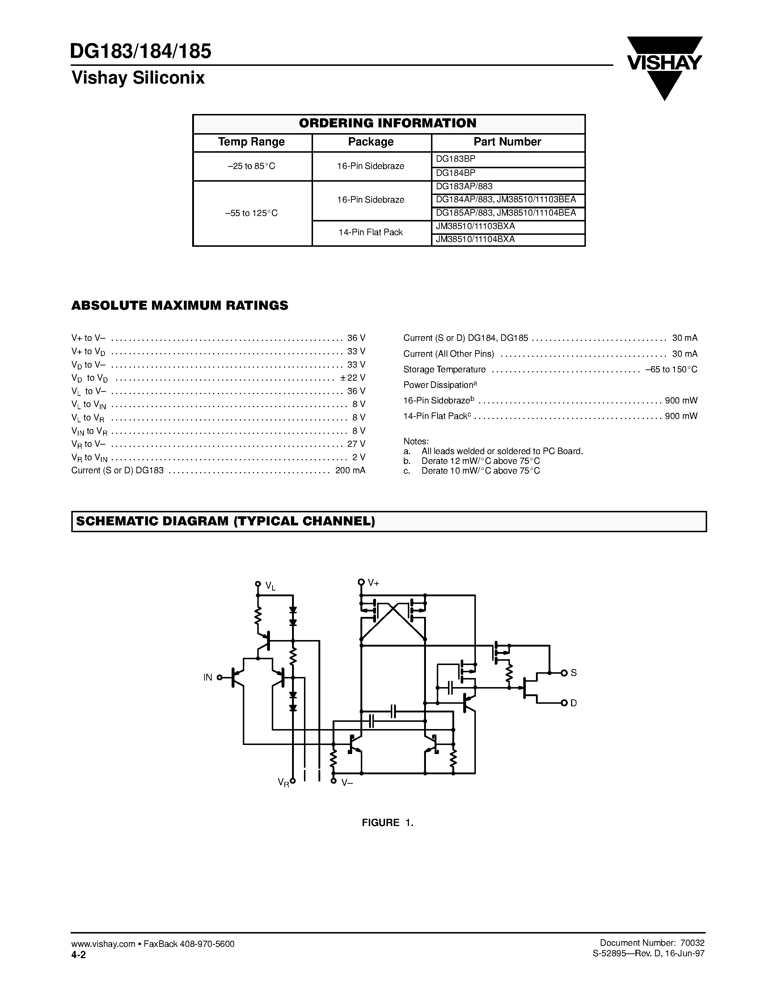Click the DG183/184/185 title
(141, 51)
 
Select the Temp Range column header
(252, 142)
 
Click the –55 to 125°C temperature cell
(252, 213)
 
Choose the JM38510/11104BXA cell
(475, 239)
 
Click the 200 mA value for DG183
(350, 470)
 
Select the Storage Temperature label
(444, 369)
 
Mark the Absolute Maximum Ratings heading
(179, 305)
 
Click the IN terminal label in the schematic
(208, 677)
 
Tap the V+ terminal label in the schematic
(373, 582)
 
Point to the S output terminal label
(574, 673)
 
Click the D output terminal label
(574, 703)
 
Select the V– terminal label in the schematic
(347, 782)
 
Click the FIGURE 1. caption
(387, 823)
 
